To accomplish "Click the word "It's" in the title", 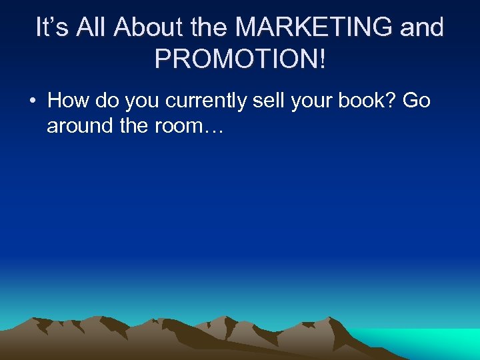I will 53,27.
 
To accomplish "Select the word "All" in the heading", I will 91,27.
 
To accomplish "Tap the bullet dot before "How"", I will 32,101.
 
